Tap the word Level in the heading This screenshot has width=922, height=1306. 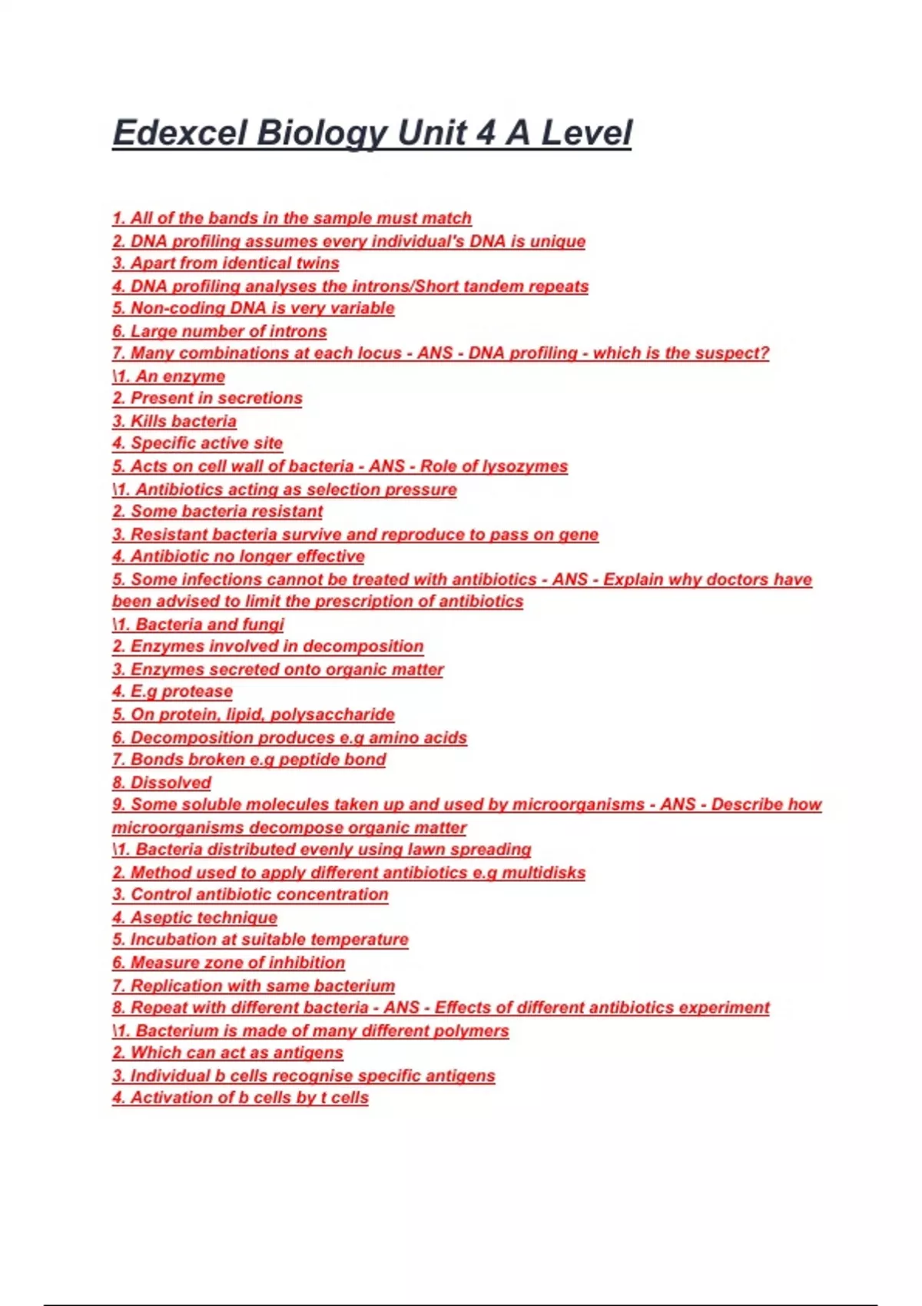(587, 133)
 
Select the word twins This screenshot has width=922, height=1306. (318, 264)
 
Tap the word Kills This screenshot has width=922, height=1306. (149, 421)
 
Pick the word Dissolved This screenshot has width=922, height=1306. (171, 783)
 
